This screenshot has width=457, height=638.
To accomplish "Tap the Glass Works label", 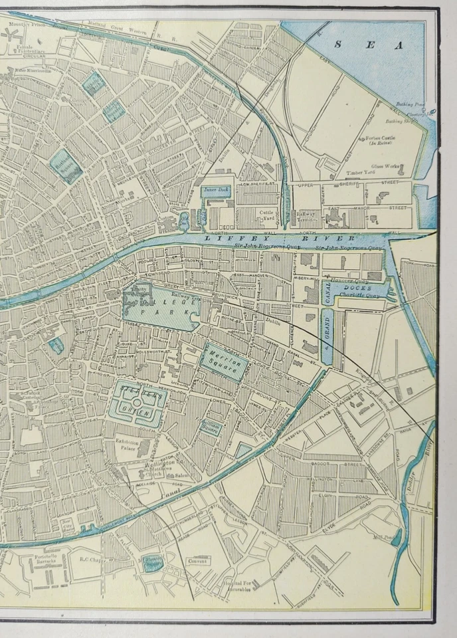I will (383, 166).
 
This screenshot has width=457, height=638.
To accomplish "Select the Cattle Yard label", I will (266, 213).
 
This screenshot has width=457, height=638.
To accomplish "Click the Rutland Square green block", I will (66, 164).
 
